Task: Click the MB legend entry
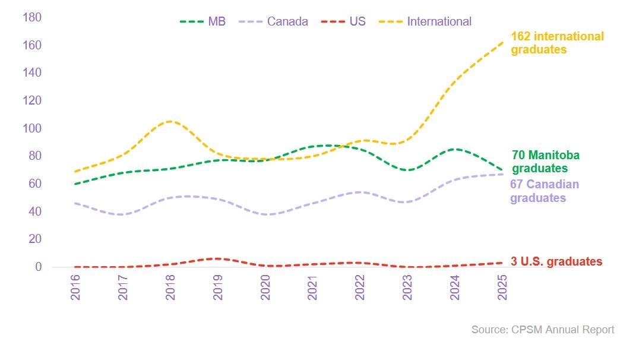click(203, 22)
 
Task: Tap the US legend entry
click(344, 22)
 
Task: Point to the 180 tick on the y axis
click(31, 17)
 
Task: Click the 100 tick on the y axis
click(31, 128)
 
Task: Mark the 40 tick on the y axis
click(35, 211)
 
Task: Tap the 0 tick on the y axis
click(38, 267)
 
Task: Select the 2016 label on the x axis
click(75, 287)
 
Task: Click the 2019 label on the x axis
click(218, 287)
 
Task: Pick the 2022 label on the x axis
click(360, 287)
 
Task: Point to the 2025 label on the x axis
click(502, 287)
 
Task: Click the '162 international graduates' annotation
click(557, 43)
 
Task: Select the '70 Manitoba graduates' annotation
click(545, 162)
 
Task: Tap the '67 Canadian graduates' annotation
click(544, 191)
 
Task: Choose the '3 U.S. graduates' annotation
click(556, 261)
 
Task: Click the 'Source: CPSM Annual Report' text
click(543, 329)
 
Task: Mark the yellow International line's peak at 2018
click(170, 121)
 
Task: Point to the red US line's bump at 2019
click(218, 258)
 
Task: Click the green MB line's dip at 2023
click(407, 170)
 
